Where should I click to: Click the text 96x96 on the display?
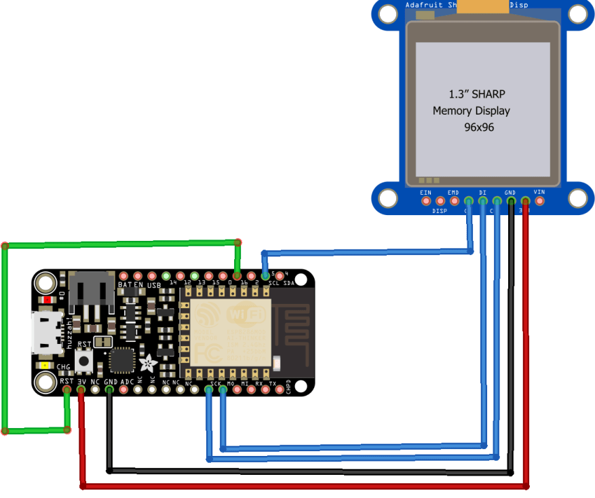tap(479, 127)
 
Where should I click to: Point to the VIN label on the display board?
tap(539, 193)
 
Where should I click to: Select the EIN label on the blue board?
tap(425, 193)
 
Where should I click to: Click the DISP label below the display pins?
tap(440, 211)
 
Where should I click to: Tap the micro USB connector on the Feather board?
tap(46, 332)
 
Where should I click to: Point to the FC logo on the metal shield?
tap(207, 351)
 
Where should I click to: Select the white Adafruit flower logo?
tap(147, 362)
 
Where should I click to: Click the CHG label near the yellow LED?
tap(63, 367)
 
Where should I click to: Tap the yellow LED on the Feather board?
tap(45, 366)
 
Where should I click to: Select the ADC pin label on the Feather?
tap(128, 383)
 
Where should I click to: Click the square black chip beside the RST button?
tap(122, 360)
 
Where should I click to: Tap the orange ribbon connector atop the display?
tap(482, 6)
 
